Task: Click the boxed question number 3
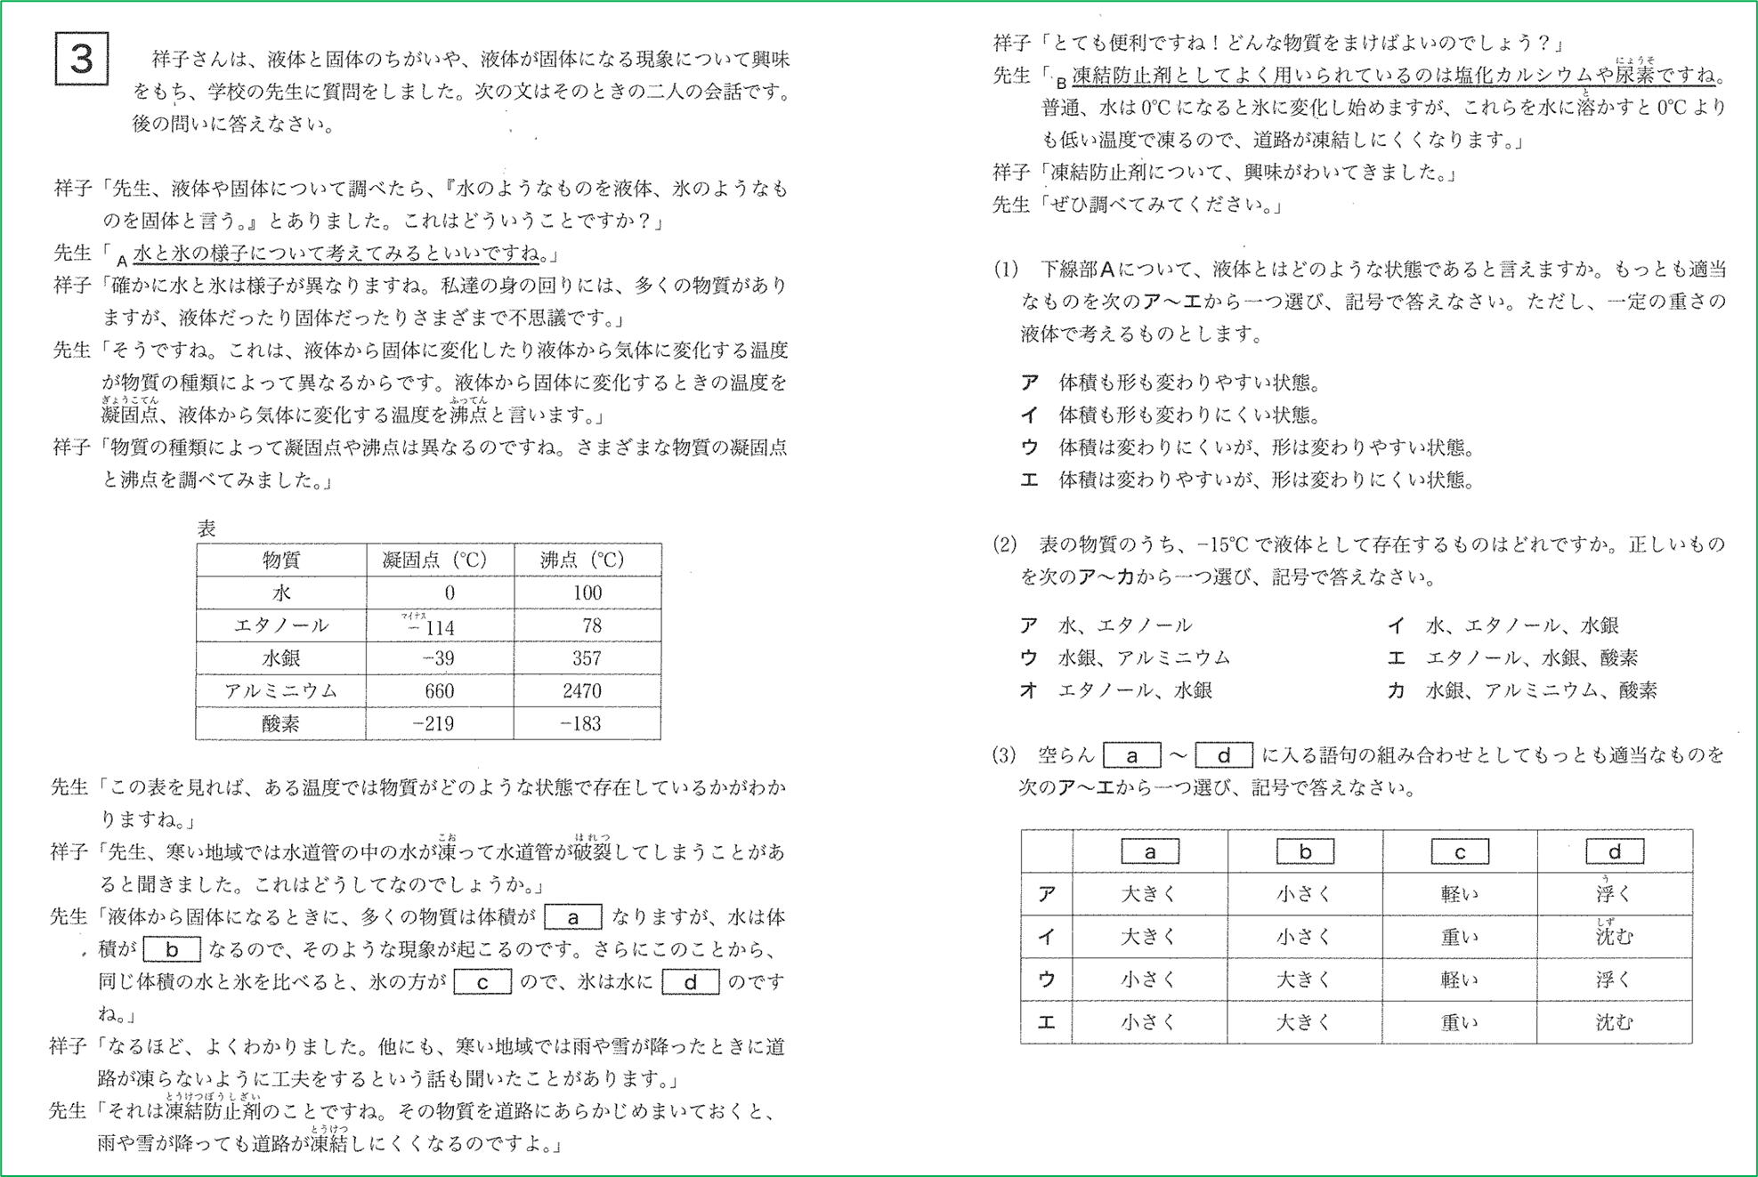click(81, 60)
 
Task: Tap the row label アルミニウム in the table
click(280, 691)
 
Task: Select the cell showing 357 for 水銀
click(587, 658)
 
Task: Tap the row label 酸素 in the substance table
click(280, 724)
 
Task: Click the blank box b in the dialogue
click(172, 949)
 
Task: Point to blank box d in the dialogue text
click(690, 982)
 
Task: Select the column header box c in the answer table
click(1459, 851)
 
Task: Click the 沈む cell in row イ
click(1613, 937)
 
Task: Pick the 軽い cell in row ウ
click(1459, 979)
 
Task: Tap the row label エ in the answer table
click(1046, 1022)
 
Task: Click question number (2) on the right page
click(1005, 544)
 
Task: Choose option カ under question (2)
click(1396, 690)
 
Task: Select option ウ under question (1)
click(1029, 447)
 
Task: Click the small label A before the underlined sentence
click(122, 261)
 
